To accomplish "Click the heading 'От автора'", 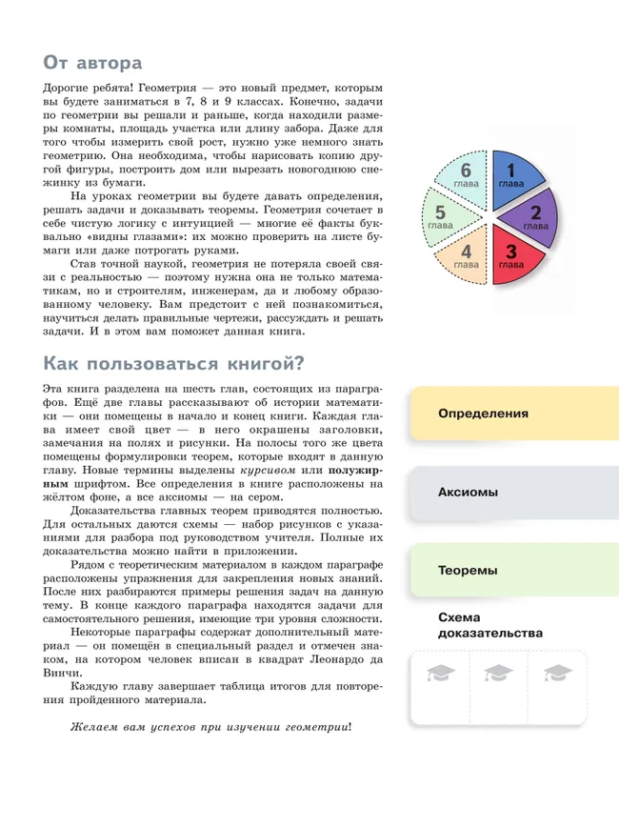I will point(92,63).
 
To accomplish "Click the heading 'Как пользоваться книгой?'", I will point(173,363).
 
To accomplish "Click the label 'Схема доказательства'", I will point(489,624).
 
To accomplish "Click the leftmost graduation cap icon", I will point(441,674).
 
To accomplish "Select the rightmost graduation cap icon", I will point(557,674).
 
